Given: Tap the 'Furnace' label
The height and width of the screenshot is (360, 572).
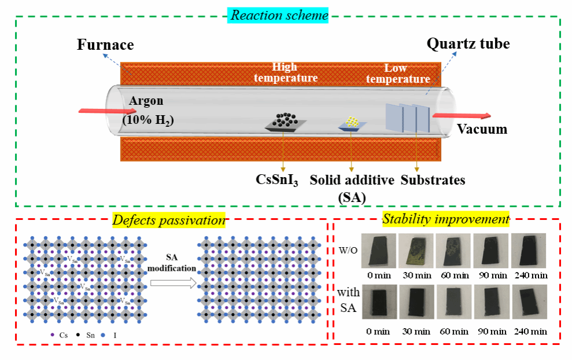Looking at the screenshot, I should pyautogui.click(x=105, y=45).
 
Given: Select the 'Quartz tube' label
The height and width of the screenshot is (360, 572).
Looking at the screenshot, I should pyautogui.click(x=468, y=43).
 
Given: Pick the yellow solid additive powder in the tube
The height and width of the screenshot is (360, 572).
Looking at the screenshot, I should pyautogui.click(x=352, y=122).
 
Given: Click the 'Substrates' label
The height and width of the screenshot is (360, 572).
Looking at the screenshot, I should pyautogui.click(x=433, y=180).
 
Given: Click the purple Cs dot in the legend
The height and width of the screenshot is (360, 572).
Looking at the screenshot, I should pyautogui.click(x=53, y=335).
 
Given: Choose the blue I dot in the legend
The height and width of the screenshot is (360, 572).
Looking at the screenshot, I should pyautogui.click(x=102, y=335).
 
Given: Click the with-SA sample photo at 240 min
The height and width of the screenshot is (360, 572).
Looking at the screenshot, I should pyautogui.click(x=530, y=302).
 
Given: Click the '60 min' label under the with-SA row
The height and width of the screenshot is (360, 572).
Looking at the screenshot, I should pyautogui.click(x=454, y=331).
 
